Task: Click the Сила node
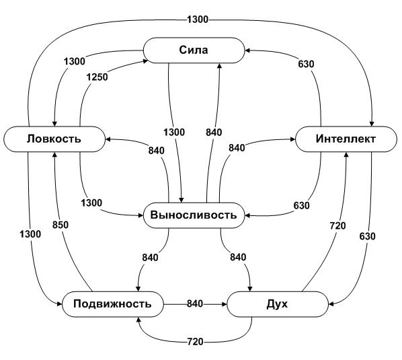194,50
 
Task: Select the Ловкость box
54,139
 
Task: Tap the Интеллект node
346,139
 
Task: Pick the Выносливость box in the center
194,215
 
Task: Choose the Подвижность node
113,304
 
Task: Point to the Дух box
278,304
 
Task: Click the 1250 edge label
97,77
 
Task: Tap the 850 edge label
61,225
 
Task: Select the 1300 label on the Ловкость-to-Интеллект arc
198,20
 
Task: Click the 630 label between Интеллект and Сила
306,64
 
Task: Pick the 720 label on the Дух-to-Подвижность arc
196,342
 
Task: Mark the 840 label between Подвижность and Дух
195,303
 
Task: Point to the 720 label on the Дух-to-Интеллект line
337,226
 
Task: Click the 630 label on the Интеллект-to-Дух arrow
368,236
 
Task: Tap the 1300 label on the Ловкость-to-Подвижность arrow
30,234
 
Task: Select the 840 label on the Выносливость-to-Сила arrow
214,133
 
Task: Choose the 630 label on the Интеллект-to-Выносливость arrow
301,205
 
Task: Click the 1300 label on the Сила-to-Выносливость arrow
174,132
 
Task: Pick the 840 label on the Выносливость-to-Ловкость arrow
157,150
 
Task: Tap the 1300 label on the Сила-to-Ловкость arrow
75,61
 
